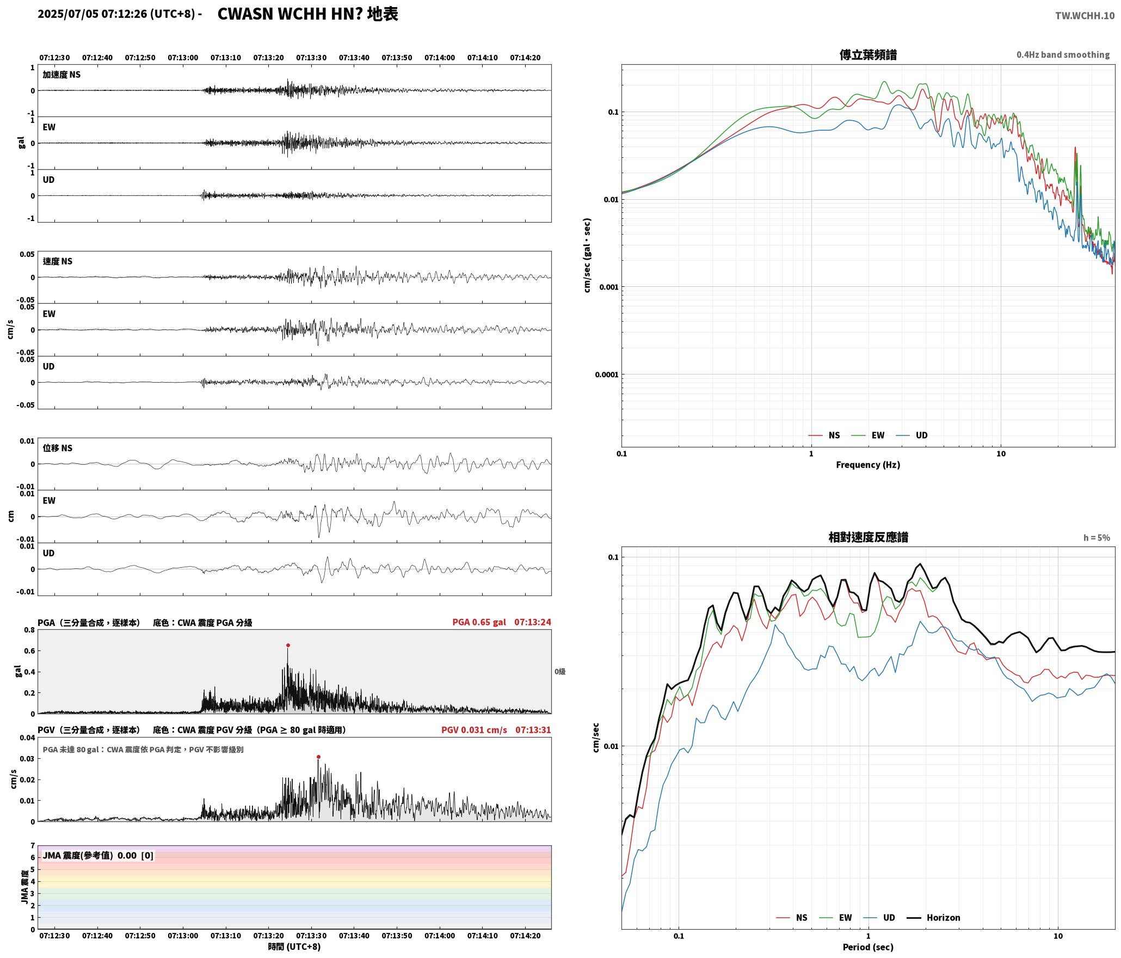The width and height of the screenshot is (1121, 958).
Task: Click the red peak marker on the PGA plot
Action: tap(288, 645)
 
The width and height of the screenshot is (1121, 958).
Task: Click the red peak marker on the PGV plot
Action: tap(318, 757)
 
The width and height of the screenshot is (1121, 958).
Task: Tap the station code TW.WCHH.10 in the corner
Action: tap(1085, 16)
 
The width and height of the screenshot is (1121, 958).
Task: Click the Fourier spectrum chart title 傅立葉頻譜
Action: tap(868, 54)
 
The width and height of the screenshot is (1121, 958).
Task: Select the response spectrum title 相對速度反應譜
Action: tap(868, 537)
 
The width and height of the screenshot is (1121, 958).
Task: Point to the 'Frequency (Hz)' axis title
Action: tap(868, 465)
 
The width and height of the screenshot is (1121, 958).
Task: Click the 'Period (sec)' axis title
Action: tap(868, 947)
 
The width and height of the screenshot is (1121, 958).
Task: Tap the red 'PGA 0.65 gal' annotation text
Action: tap(479, 622)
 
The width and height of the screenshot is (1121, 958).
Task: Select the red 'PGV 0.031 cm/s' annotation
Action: tap(474, 730)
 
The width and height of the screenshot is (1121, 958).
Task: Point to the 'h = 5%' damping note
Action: tap(1097, 538)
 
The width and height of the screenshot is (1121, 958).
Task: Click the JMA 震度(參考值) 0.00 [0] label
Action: tap(98, 856)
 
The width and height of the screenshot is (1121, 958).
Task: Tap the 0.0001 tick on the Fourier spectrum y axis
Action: tap(607, 374)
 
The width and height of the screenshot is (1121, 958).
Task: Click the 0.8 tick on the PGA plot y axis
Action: tap(29, 630)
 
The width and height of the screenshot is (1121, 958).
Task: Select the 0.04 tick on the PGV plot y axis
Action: tap(27, 738)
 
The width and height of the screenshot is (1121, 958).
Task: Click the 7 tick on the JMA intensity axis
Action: tap(33, 846)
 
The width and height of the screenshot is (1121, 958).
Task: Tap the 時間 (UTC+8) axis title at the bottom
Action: tap(294, 947)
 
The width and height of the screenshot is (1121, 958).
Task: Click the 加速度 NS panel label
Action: tap(61, 75)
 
